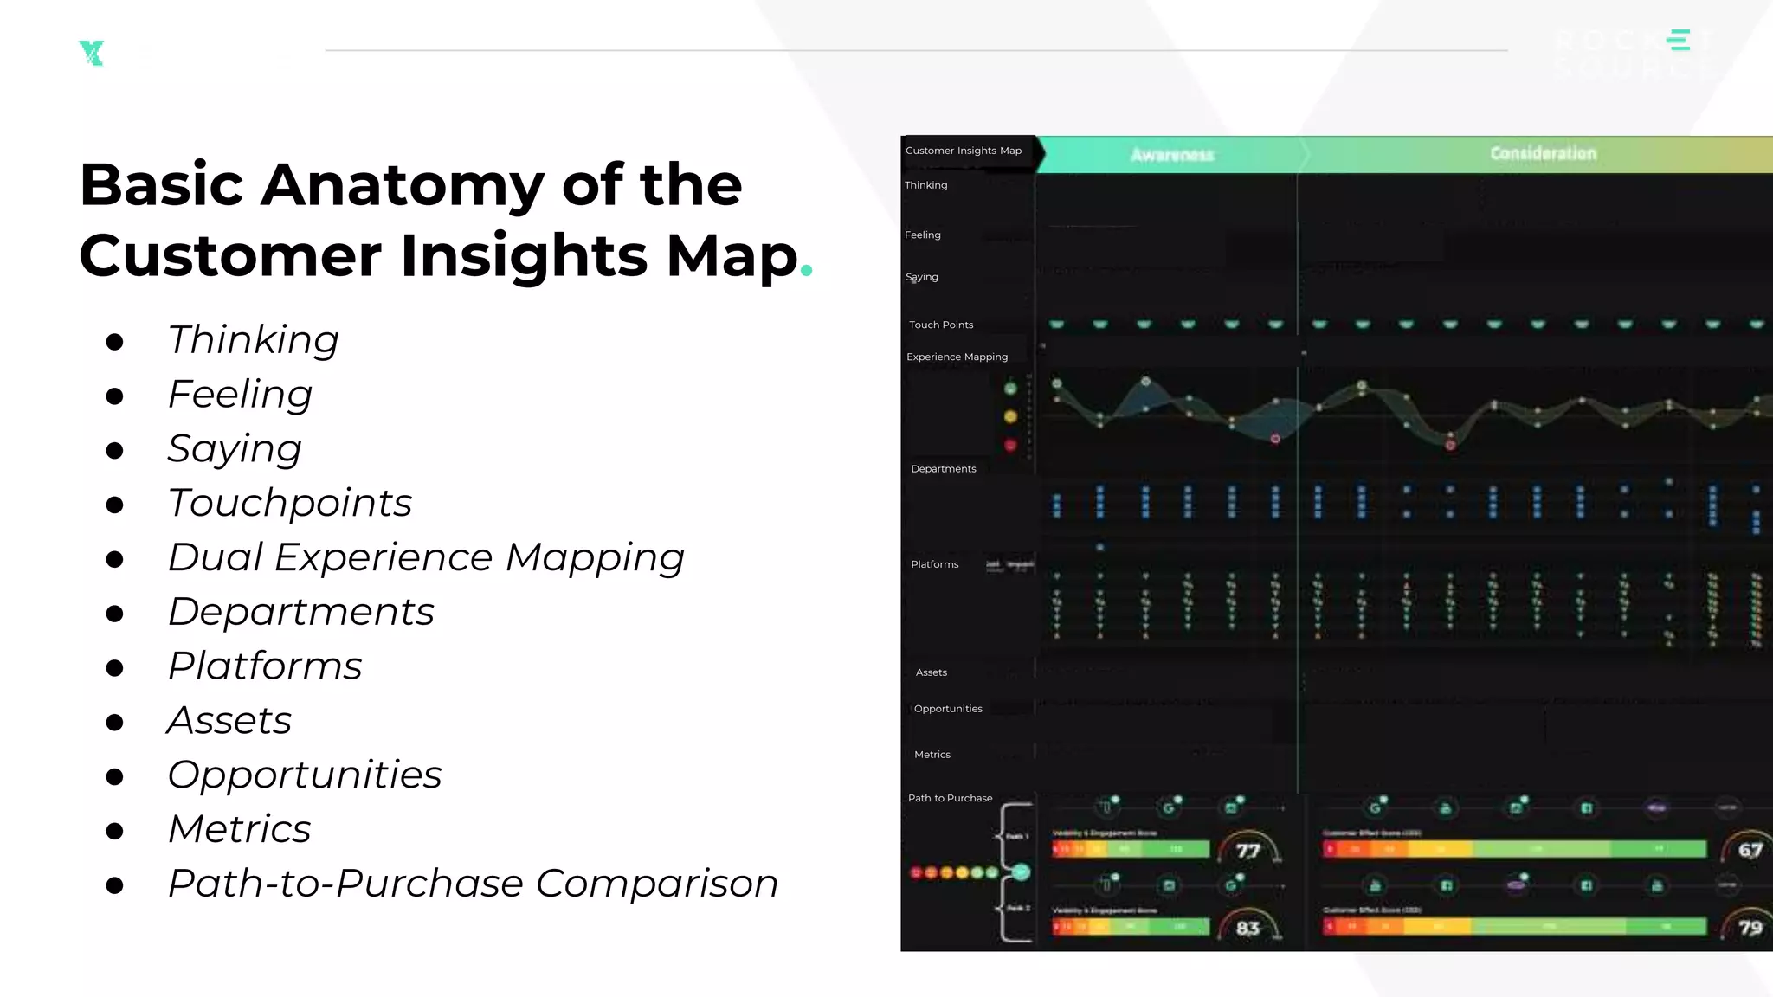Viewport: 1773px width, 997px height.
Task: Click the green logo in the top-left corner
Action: pos(91,53)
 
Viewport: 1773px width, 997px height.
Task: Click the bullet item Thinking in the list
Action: pos(253,339)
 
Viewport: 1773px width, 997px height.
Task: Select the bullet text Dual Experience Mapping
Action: pos(426,557)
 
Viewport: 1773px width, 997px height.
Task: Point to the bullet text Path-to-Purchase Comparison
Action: pos(473,884)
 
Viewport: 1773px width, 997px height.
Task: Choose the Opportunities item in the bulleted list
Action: pos(305,775)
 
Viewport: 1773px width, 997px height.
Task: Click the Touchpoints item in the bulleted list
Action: pos(290,503)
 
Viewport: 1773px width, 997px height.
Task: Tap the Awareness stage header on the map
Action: pos(1172,155)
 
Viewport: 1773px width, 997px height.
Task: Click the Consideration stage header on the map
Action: pos(1543,154)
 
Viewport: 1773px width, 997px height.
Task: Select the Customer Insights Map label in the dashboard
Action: pos(964,151)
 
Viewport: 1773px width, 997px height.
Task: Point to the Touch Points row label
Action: pos(941,325)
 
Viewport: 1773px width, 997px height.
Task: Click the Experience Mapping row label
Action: pos(957,357)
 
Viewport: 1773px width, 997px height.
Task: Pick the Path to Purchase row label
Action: pos(950,798)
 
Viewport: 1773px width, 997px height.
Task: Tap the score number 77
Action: pos(1248,851)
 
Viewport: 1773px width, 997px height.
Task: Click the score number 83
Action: pos(1248,929)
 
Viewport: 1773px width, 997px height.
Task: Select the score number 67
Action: pos(1750,850)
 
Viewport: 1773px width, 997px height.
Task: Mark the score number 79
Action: pos(1750,928)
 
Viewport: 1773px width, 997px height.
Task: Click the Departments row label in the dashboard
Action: pos(943,469)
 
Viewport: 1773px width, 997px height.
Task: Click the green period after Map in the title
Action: pos(807,270)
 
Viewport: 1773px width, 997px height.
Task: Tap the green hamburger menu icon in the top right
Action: pos(1680,40)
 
